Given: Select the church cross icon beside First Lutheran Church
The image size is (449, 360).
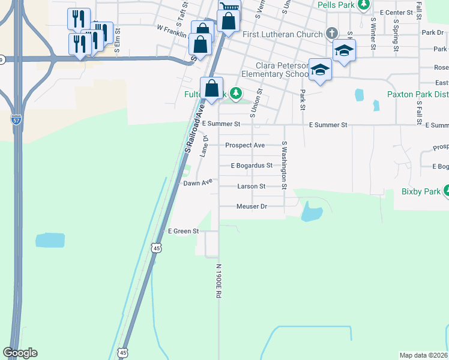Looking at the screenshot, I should coord(331,33).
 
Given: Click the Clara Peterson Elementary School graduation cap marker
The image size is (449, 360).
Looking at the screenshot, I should coord(320,70).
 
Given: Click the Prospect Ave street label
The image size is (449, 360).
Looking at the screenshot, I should coord(245,145).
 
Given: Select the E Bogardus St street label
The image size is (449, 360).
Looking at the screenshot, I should coord(252,166).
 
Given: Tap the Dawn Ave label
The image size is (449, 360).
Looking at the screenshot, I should coord(198,182).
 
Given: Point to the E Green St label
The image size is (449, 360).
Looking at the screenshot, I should coord(183,231).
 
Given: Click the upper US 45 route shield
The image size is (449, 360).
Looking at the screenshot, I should coord(156,247).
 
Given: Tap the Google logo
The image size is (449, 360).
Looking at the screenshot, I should coord(20,353).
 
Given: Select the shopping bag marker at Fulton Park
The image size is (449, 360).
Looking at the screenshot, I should coord(212,88).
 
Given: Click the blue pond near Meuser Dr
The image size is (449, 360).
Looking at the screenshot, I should coord(311,212).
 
